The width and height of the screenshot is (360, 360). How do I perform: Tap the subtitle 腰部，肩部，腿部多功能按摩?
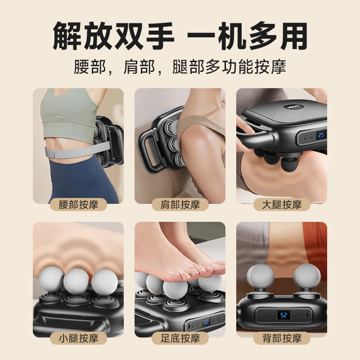click(x=180, y=67)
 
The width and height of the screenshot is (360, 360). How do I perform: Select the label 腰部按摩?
click(x=78, y=205)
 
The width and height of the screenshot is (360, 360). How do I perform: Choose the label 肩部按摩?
click(x=180, y=205)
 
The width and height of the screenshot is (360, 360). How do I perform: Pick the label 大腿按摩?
click(x=282, y=205)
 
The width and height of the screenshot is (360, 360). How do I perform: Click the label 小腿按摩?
click(x=78, y=338)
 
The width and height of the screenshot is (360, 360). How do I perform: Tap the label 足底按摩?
click(x=180, y=338)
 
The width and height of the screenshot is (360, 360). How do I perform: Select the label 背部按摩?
click(x=282, y=338)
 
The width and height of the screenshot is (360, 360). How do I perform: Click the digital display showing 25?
click(x=321, y=135)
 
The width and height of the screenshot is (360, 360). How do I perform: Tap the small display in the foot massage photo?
click(x=206, y=323)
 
